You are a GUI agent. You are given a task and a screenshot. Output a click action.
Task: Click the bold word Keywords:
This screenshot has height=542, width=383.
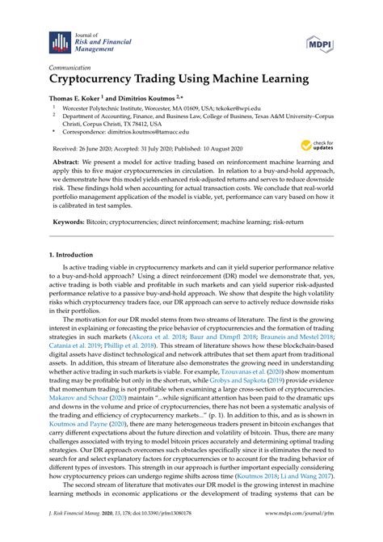[x=69, y=221]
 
